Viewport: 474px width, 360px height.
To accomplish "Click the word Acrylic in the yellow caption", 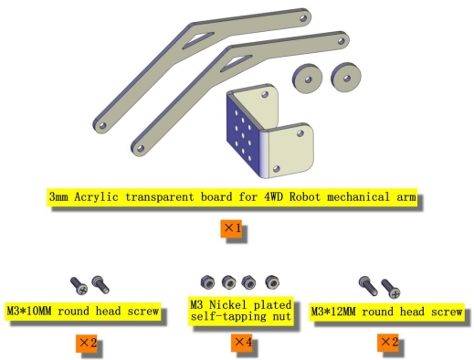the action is pyautogui.click(x=96, y=196).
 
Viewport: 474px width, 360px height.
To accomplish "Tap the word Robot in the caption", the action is pyautogui.click(x=305, y=196).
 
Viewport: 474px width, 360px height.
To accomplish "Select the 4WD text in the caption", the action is pyautogui.click(x=273, y=196).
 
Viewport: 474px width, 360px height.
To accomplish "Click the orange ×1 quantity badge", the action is pyautogui.click(x=231, y=228).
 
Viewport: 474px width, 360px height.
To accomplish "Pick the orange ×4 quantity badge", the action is pyautogui.click(x=241, y=343).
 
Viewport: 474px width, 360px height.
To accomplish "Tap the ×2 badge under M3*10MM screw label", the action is pyautogui.click(x=87, y=344).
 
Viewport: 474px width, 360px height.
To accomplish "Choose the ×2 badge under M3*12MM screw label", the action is pyautogui.click(x=388, y=343).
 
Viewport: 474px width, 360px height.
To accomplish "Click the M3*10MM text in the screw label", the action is pyautogui.click(x=29, y=312).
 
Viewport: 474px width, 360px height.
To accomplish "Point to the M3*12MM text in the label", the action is pyautogui.click(x=333, y=312).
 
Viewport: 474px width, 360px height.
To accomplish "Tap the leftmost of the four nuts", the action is pyautogui.click(x=207, y=282).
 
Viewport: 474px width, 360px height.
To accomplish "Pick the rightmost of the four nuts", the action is pyautogui.click(x=272, y=282).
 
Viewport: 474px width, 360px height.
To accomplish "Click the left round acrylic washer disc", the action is pyautogui.click(x=307, y=79).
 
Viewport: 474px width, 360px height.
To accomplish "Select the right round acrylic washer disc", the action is pyautogui.click(x=346, y=77).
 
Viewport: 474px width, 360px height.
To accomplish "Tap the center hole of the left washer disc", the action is pyautogui.click(x=308, y=79).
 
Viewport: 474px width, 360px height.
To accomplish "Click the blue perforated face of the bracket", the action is pyautogui.click(x=244, y=135).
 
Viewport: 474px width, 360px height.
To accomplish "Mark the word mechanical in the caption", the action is pyautogui.click(x=359, y=196).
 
